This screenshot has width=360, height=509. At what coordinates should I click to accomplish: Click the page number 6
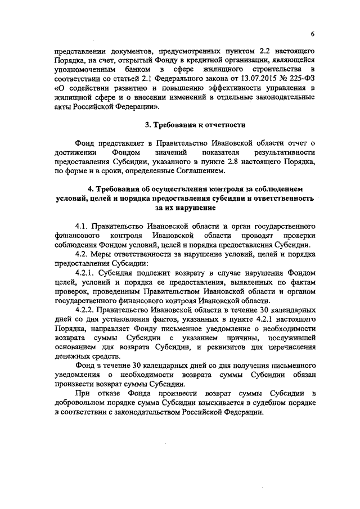pyautogui.click(x=312, y=34)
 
